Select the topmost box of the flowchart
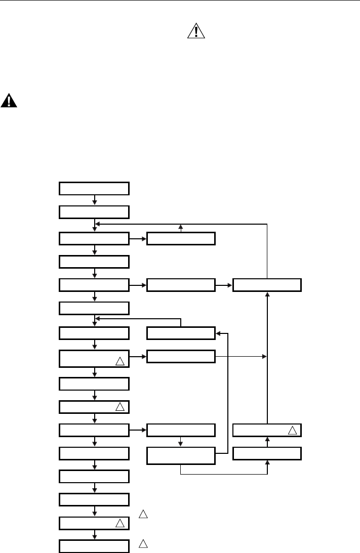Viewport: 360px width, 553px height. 94,188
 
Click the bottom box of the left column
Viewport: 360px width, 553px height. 94,546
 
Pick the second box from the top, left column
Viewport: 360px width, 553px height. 94,211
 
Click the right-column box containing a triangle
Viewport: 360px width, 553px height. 267,431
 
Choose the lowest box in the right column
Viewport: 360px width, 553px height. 267,453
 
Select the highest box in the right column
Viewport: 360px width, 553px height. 267,285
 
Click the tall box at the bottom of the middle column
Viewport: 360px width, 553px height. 181,456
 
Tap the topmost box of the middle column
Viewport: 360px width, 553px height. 181,238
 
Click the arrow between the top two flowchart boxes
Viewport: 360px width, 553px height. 95,200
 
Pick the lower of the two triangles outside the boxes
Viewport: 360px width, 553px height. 143,544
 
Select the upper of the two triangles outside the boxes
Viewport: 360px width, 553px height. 143,515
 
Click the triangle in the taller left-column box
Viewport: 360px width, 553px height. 119,361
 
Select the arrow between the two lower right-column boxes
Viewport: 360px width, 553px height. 267,442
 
